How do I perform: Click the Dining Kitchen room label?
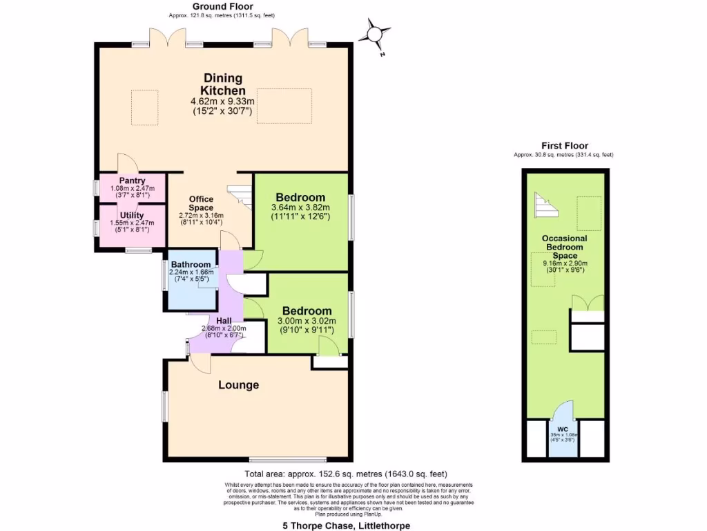(222, 84)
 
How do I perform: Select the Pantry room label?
(132, 181)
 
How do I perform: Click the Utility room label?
(132, 216)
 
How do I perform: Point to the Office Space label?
(201, 203)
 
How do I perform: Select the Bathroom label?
(191, 264)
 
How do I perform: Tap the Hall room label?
(224, 321)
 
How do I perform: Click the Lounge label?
(239, 384)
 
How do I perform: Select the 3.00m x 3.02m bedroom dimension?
(306, 321)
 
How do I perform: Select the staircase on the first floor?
(544, 203)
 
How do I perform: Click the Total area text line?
(346, 474)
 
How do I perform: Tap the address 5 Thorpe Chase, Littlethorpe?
(346, 525)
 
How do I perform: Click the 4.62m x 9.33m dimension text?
(222, 102)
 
